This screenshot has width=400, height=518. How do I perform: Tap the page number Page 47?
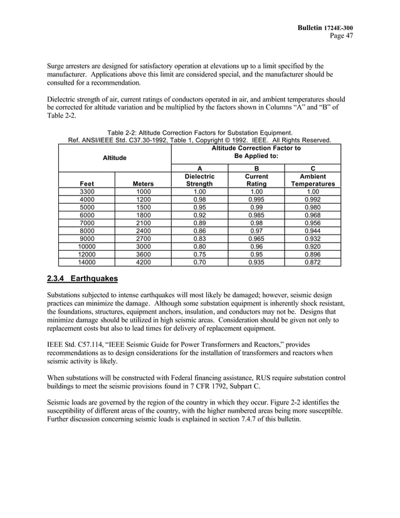[342, 36]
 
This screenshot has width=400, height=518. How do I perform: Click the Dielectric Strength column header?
[199, 181]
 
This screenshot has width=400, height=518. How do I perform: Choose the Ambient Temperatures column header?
[312, 181]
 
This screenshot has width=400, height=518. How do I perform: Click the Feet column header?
[87, 184]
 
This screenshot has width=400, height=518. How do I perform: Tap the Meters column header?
[143, 184]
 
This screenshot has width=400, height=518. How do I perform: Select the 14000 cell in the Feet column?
[87, 262]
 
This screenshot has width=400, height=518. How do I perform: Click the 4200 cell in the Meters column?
[143, 262]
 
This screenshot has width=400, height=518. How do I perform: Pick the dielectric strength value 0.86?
[199, 231]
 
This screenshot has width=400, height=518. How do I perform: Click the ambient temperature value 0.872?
[312, 262]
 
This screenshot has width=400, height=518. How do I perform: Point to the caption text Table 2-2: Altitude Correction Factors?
[199, 132]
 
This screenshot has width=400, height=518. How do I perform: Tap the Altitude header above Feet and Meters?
[115, 158]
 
